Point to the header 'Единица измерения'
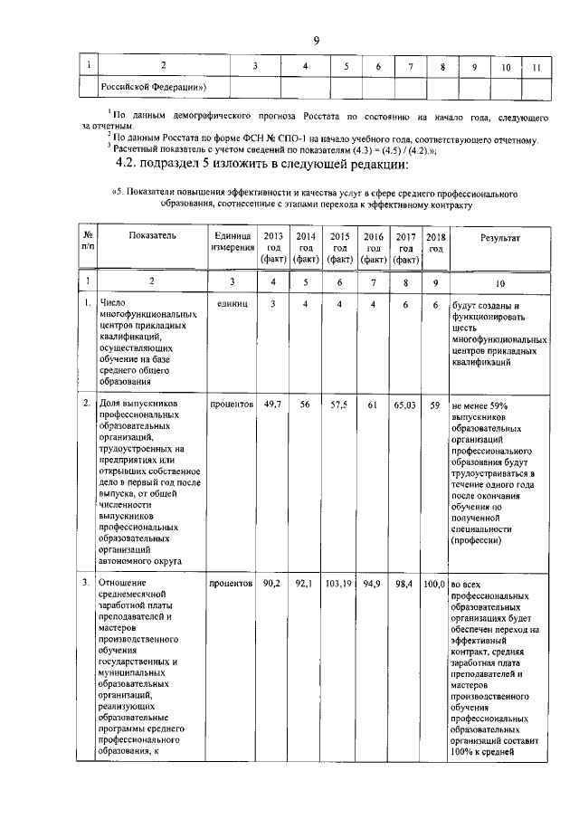[x=232, y=242]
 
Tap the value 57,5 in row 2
[x=339, y=406]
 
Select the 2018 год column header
[x=436, y=242]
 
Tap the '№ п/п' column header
[x=87, y=242]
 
